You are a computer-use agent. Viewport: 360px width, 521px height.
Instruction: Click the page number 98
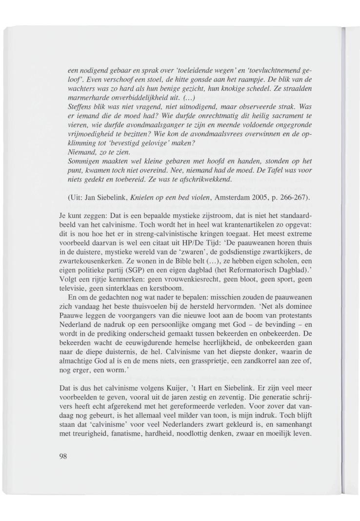click(62, 457)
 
